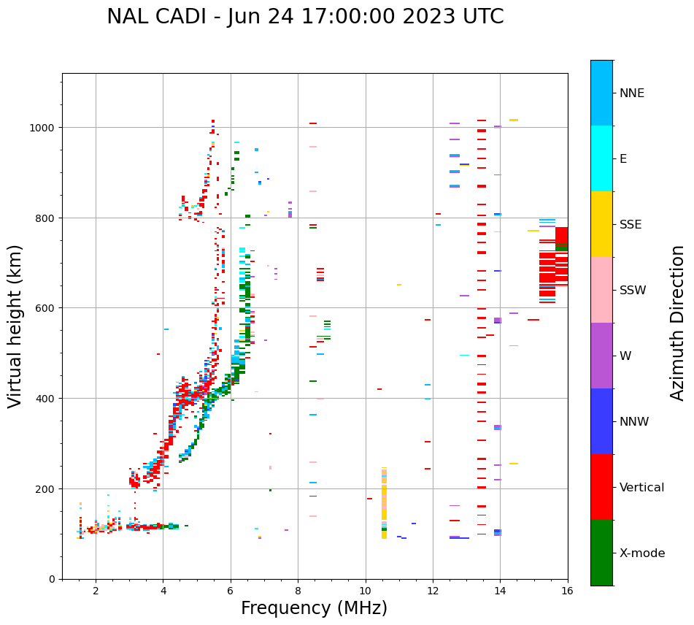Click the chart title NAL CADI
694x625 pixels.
(x=305, y=17)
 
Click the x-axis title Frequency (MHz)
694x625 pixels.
(x=314, y=608)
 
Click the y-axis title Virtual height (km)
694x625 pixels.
(x=15, y=326)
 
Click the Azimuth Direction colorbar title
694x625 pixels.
(x=678, y=323)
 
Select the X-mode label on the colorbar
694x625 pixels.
(x=642, y=553)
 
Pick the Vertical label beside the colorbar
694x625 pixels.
(x=641, y=487)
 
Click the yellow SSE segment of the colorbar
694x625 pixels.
(x=601, y=224)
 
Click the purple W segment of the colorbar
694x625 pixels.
(x=601, y=356)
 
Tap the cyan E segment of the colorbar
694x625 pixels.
(x=601, y=158)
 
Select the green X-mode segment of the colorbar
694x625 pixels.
(x=601, y=553)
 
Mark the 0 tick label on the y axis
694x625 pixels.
(x=52, y=579)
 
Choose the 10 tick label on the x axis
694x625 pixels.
(x=366, y=591)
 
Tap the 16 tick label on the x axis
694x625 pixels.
(x=568, y=591)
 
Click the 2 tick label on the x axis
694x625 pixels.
(x=96, y=591)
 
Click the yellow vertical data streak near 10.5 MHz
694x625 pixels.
(x=384, y=504)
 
